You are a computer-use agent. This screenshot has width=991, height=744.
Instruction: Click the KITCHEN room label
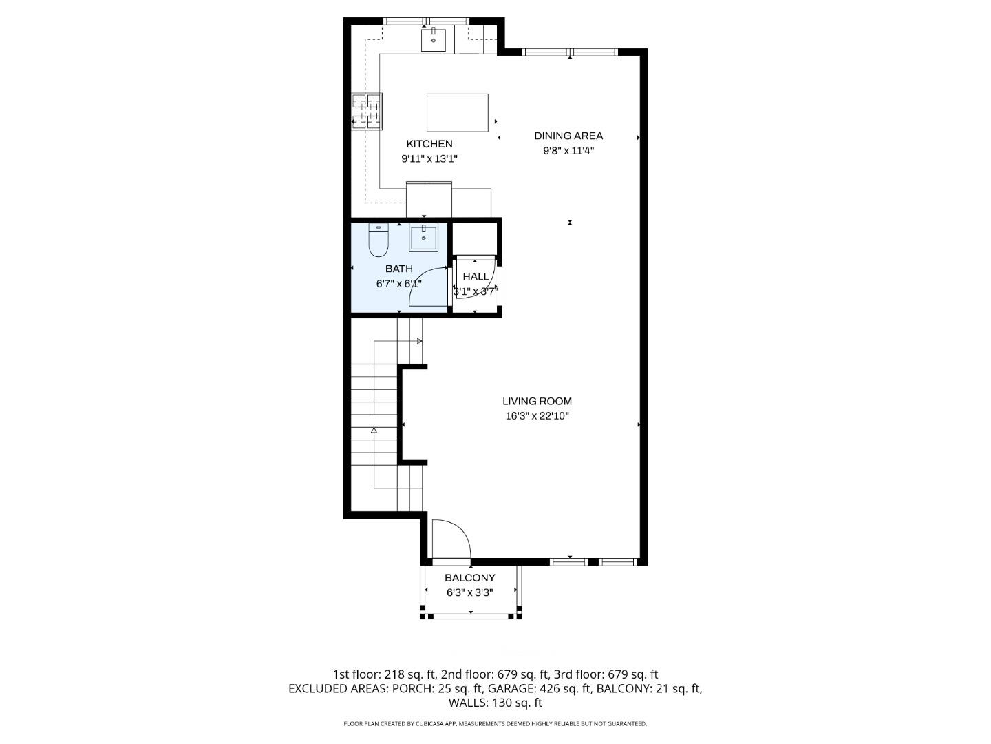(x=429, y=144)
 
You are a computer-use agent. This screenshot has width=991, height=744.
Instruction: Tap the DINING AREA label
(x=568, y=136)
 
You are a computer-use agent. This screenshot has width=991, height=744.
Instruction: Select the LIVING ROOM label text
(x=537, y=401)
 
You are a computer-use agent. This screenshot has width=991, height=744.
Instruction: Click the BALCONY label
(x=469, y=578)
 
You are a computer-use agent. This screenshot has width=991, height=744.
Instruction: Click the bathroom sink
(x=424, y=238)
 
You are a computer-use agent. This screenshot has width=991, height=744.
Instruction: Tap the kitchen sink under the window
(x=434, y=40)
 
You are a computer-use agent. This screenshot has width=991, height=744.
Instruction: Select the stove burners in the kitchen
(x=367, y=112)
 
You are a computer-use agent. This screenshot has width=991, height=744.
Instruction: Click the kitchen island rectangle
(x=457, y=112)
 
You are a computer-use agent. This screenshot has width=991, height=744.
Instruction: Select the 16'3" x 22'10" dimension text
(x=537, y=416)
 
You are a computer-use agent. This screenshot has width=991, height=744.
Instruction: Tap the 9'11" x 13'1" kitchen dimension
(x=429, y=159)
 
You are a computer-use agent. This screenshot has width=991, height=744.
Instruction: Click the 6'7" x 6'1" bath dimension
(x=399, y=283)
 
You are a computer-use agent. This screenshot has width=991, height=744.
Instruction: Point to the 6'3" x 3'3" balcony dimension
(x=469, y=592)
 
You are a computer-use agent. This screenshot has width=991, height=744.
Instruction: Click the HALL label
(x=476, y=276)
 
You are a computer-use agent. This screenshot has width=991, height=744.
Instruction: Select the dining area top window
(x=570, y=52)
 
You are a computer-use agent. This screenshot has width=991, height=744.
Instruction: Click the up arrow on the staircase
(x=374, y=430)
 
